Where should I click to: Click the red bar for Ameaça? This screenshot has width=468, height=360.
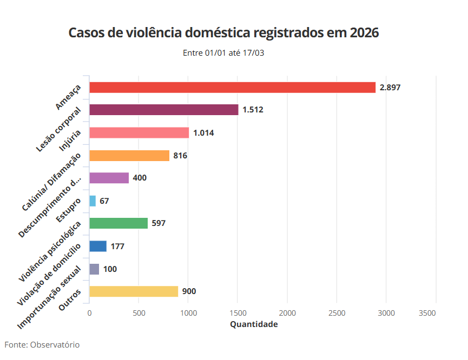[232, 88]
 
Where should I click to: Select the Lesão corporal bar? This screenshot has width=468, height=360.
[163, 110]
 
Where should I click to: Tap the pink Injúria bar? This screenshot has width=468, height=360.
[139, 133]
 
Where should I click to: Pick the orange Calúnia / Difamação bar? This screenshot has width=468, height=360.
[129, 156]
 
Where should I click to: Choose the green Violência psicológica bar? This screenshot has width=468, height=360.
[118, 223]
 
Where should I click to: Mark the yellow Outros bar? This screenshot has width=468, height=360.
[134, 291]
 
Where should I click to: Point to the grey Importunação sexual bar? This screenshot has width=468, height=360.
[94, 269]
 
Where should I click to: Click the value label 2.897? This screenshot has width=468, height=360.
[390, 88]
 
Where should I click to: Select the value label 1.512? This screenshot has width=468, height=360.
[253, 110]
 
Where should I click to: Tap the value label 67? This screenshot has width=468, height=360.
[104, 201]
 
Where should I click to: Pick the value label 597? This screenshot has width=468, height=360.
[159, 223]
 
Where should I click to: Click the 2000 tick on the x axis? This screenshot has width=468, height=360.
[287, 314]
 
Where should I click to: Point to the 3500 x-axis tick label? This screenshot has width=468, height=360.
[427, 314]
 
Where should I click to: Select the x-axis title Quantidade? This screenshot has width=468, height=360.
[254, 324]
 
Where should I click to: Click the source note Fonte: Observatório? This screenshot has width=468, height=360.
[42, 344]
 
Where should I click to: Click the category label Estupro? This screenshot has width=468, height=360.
[69, 210]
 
